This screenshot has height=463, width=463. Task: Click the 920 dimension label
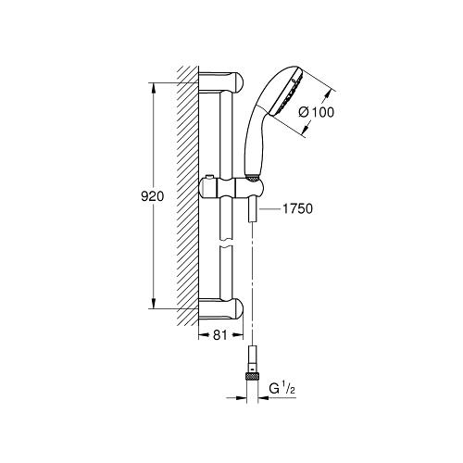point(152,196)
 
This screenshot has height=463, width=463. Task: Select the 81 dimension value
point(220,335)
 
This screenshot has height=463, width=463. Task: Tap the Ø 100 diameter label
point(317,112)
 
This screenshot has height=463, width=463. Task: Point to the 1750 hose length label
point(297,208)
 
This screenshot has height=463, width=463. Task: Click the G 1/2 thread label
point(282,389)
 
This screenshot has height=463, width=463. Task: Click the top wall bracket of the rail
point(220,82)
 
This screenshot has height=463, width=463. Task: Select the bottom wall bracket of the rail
point(220,309)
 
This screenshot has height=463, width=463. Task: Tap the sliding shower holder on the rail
point(231,188)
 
